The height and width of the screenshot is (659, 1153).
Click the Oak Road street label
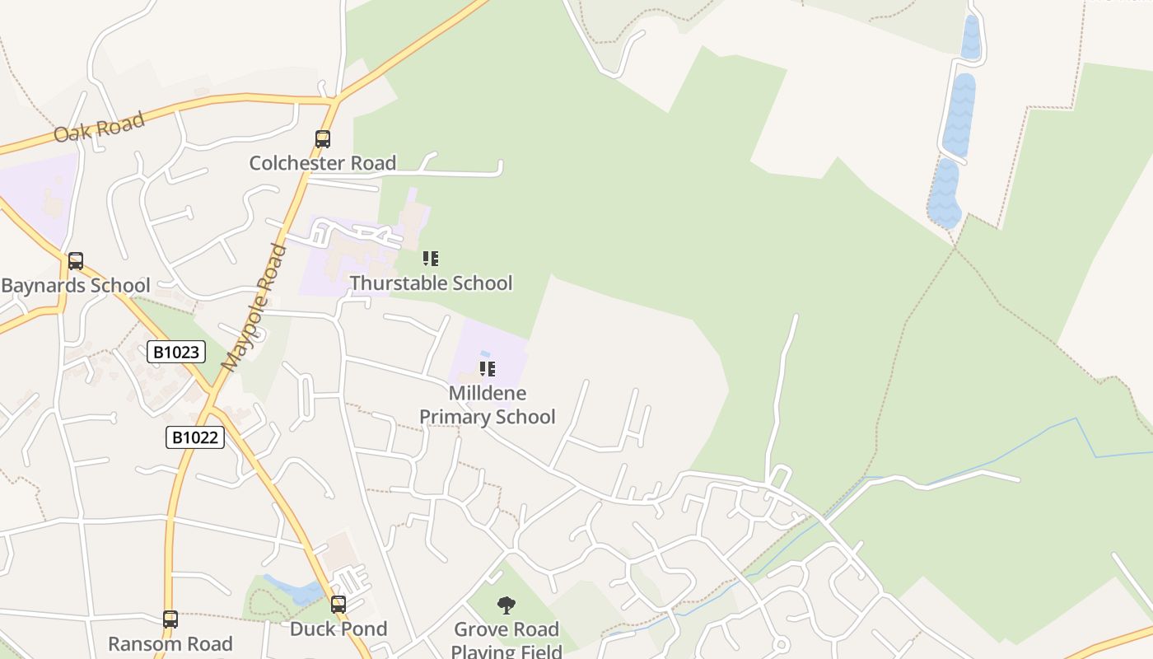(99, 126)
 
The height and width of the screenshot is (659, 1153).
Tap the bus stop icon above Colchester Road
(323, 139)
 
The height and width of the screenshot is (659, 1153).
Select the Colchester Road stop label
(323, 163)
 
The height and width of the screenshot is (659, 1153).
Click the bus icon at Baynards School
(76, 261)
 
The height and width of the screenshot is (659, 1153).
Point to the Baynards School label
(76, 286)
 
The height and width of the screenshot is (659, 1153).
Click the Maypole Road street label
(256, 306)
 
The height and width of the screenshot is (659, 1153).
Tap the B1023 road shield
(176, 352)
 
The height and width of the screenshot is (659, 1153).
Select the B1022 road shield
(195, 437)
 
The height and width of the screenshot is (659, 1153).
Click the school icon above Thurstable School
(431, 259)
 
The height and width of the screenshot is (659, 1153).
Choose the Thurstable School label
(431, 283)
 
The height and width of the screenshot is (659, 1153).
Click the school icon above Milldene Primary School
(488, 368)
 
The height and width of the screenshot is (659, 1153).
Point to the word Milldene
(488, 393)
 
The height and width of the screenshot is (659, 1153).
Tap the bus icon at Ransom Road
(170, 619)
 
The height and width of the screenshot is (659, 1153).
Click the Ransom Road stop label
(170, 643)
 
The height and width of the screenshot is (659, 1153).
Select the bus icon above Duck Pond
(338, 605)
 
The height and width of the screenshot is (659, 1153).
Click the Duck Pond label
(338, 629)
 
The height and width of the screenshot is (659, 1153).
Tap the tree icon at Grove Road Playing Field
(506, 605)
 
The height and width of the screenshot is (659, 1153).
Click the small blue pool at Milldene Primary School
(485, 354)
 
